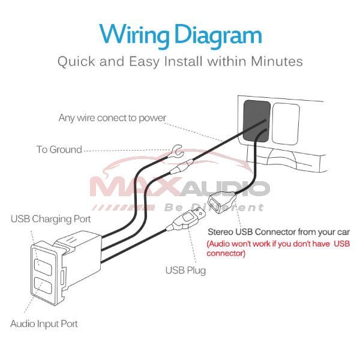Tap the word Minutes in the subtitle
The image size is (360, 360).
(x=277, y=61)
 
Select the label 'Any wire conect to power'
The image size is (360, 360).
(x=112, y=118)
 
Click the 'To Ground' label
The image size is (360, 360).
(x=59, y=149)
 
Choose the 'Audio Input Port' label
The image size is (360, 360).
(x=44, y=323)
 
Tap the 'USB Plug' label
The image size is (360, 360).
(x=185, y=270)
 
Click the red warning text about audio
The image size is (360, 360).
(x=278, y=248)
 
